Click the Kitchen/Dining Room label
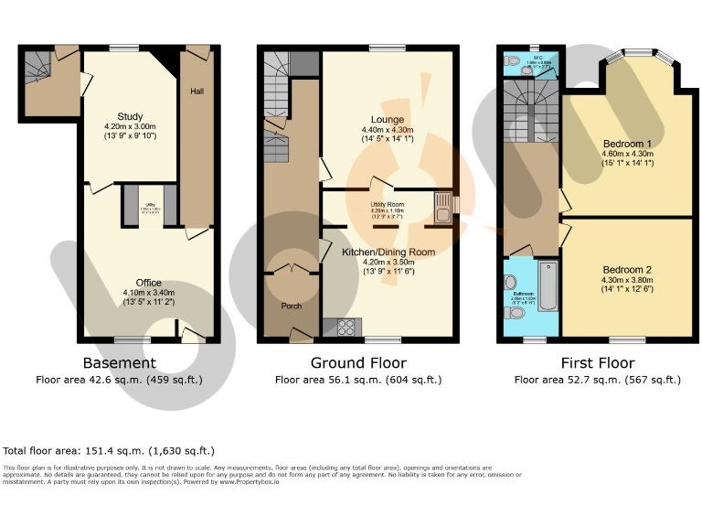388,251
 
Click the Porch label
291,306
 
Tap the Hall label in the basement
197,91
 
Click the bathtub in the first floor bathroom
546,285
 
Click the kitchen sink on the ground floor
443,208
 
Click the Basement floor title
119,363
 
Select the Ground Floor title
358,363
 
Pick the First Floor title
597,363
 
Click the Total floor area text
109,450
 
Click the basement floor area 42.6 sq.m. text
119,379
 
